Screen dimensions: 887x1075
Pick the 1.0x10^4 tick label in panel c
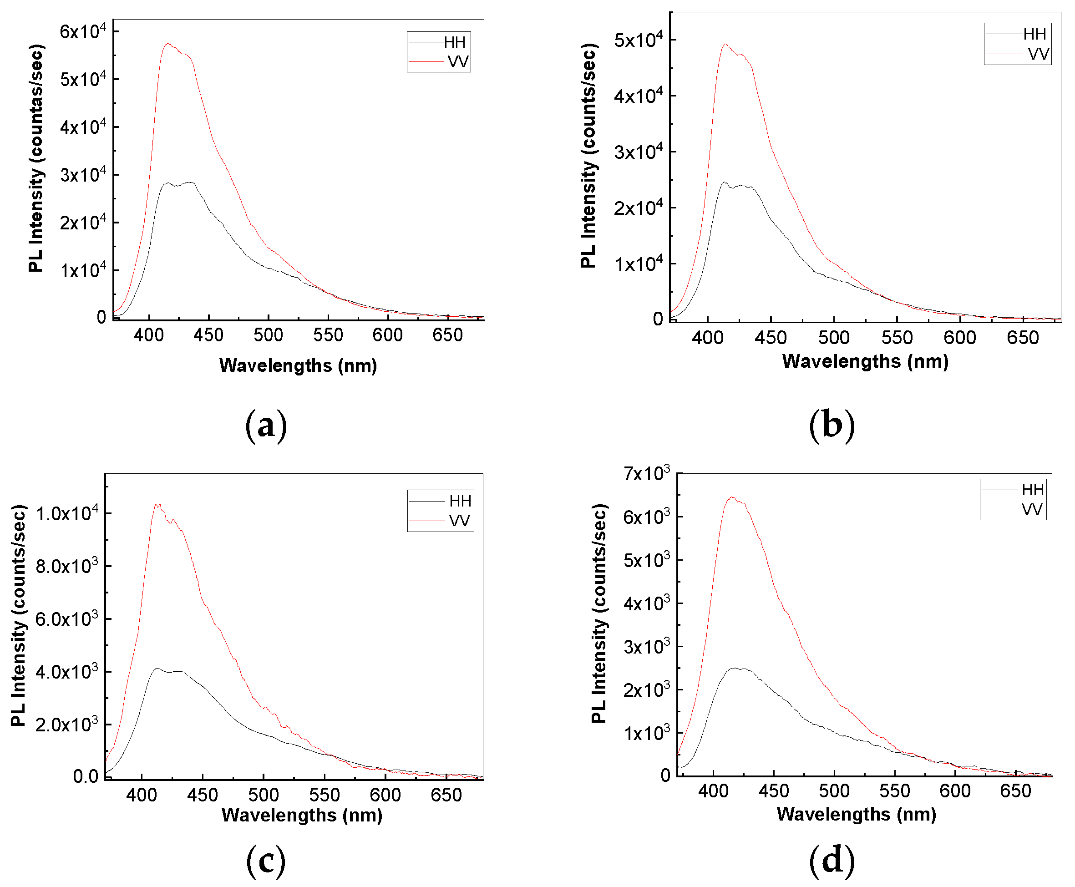(67, 513)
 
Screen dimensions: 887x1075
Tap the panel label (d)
(832, 860)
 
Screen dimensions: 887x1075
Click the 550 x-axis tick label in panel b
(897, 338)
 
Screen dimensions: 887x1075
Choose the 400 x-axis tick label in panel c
(142, 795)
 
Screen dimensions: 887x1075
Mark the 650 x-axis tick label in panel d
(1015, 791)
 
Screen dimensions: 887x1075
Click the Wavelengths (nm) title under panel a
(298, 365)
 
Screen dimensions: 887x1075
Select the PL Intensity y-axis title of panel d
(599, 613)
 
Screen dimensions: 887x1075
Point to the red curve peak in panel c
(157, 504)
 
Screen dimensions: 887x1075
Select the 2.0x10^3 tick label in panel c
(67, 725)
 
